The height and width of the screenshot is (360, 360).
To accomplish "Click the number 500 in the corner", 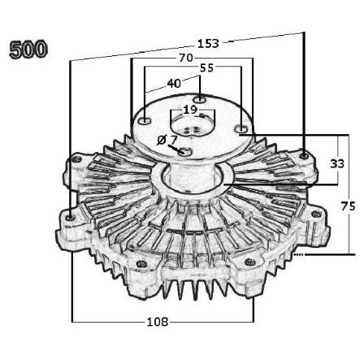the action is (x=28, y=50).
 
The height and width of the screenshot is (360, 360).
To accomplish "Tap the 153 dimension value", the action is (x=208, y=44).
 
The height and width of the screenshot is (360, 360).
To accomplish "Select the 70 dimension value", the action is (x=185, y=58).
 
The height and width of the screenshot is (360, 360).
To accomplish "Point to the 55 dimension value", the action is (x=206, y=68).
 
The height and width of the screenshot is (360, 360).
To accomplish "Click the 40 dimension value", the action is (x=174, y=84).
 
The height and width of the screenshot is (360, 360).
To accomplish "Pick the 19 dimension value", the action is (x=189, y=110).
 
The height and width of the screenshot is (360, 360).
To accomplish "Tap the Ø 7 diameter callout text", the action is (x=167, y=140).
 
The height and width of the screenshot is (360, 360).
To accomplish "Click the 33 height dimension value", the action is (x=337, y=163).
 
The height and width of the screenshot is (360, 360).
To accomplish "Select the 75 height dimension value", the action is (x=348, y=206).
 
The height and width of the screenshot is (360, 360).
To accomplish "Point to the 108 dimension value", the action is (x=158, y=322).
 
